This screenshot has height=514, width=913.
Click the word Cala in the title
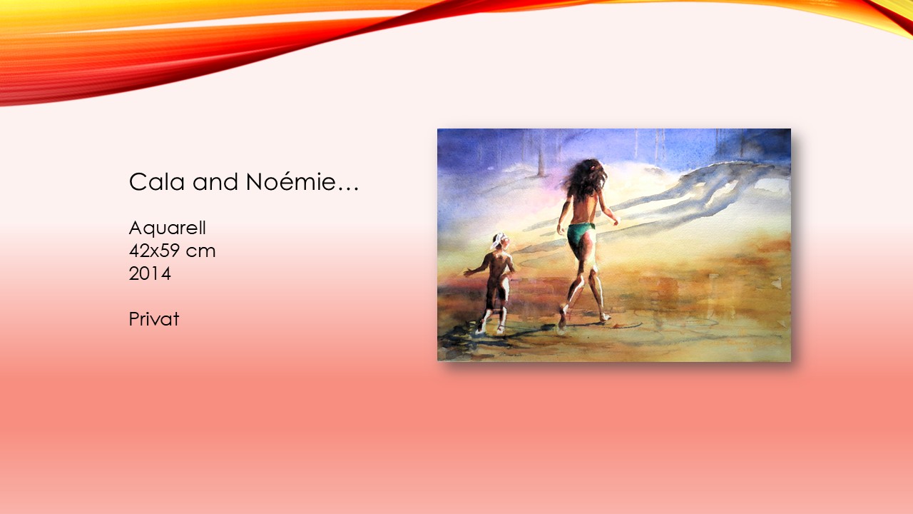[x=157, y=182]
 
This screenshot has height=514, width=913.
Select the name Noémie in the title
[x=291, y=181]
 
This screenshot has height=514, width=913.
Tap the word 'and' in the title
[x=215, y=182]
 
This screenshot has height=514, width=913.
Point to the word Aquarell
[x=168, y=228]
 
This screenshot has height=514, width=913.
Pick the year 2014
[x=150, y=273]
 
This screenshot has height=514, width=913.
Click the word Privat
[x=154, y=319]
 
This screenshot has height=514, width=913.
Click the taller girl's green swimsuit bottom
[x=581, y=237]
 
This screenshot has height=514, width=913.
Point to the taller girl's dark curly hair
[x=586, y=179]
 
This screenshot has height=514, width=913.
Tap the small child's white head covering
[x=498, y=241]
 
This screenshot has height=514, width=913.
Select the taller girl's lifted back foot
[x=563, y=317]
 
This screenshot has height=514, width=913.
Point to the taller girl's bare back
[x=583, y=210]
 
